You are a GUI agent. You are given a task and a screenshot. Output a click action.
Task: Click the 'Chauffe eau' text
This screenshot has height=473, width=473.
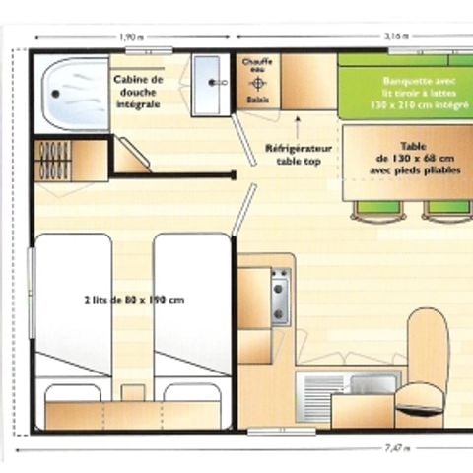[258, 66]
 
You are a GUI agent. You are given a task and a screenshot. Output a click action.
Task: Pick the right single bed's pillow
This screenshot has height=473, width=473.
[190, 392]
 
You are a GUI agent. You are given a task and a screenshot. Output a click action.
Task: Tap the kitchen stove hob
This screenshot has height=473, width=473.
[279, 297]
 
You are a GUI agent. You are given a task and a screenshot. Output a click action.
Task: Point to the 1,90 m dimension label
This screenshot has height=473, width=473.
[129, 35]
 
